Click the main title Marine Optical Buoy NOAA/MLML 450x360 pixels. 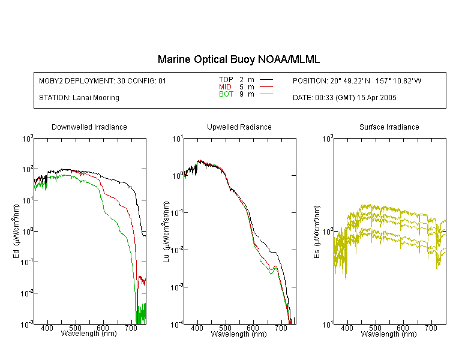238,59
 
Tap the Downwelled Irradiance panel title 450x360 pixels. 89,127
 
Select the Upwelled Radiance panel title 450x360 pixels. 239,127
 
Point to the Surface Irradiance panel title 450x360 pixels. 389,127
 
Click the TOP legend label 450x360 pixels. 226,80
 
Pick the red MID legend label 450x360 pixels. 225,86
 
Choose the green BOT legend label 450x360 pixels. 226,94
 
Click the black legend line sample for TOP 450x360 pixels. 266,80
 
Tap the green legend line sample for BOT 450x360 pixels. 266,94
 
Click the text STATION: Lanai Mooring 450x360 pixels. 79,98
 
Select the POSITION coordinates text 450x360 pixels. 357,81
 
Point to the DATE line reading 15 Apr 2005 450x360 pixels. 344,98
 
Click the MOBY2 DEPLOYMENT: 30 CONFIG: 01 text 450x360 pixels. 103,81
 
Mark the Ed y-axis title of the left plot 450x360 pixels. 16,231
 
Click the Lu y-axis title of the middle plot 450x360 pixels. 166,232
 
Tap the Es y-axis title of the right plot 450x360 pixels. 317,232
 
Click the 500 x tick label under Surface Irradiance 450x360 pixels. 375,328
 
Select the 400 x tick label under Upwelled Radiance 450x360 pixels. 197,328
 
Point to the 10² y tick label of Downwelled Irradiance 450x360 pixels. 28,169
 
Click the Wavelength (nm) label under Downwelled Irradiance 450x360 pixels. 89,334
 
